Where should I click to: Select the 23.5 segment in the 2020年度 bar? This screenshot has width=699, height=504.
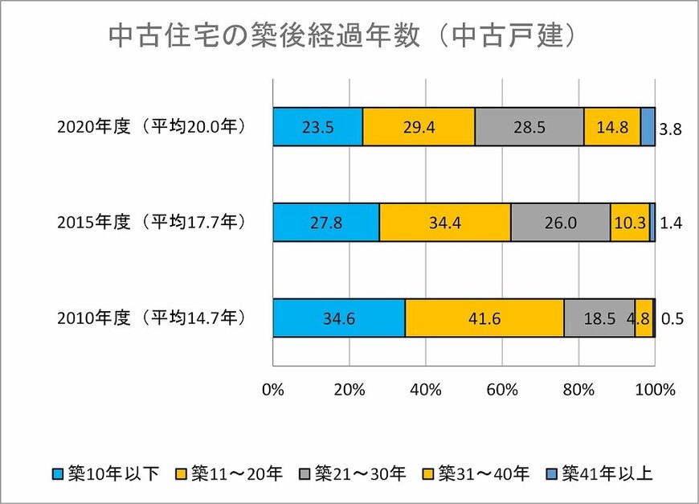(x=317, y=126)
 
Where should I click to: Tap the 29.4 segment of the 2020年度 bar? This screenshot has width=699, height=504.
(x=419, y=126)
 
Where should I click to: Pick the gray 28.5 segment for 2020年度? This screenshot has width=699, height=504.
(x=529, y=126)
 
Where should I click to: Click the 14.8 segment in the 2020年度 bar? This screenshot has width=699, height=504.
(x=611, y=126)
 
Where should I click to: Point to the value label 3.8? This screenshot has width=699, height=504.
(x=670, y=129)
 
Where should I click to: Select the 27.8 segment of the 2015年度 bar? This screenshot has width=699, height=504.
(x=325, y=223)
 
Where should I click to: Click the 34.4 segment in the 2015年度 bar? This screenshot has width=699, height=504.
(x=444, y=223)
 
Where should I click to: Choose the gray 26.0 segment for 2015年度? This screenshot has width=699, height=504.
(x=560, y=223)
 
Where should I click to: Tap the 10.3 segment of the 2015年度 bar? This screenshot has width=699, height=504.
(x=629, y=223)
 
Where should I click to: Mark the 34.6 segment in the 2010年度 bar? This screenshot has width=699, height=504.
(x=338, y=318)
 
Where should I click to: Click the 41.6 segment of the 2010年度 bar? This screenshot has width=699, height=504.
(x=484, y=318)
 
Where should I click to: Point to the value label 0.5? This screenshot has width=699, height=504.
(x=670, y=320)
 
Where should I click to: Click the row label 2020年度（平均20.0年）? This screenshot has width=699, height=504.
(x=150, y=127)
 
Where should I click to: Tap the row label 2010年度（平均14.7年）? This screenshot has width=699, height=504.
(x=150, y=318)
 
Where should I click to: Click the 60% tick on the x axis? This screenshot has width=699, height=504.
(x=502, y=391)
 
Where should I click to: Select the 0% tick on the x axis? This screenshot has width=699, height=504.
(x=273, y=391)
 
